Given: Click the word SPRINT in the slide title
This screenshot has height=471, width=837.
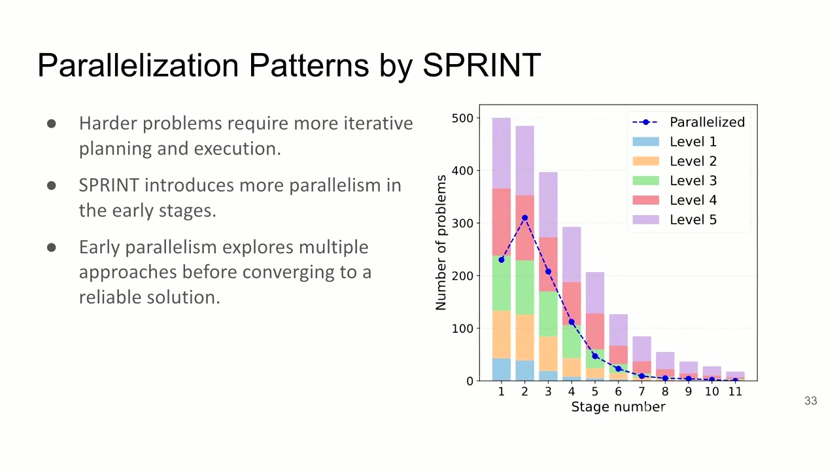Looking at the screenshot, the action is click(x=482, y=65).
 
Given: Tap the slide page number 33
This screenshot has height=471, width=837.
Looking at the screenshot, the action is click(x=810, y=401).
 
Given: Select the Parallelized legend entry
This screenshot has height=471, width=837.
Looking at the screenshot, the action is click(x=689, y=122).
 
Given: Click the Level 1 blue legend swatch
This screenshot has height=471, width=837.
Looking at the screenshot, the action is click(x=645, y=141).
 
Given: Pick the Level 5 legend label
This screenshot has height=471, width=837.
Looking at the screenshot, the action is click(x=693, y=219).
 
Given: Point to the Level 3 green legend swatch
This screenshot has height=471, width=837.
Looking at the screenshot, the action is click(x=645, y=180).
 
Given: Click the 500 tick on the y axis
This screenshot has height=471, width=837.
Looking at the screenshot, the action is click(x=462, y=118).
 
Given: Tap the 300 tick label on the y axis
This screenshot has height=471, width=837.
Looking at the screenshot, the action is click(x=462, y=223).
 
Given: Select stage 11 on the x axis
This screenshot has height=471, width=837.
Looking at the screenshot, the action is click(x=735, y=391).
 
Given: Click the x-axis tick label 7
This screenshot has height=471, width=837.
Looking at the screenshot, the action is click(x=641, y=391).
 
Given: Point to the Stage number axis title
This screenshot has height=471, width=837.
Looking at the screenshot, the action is click(x=619, y=407).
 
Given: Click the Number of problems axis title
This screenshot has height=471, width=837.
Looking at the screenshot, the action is click(x=441, y=243).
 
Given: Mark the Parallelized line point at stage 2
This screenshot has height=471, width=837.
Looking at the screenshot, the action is click(x=524, y=218).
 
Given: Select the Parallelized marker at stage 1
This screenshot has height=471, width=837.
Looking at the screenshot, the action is click(x=502, y=260).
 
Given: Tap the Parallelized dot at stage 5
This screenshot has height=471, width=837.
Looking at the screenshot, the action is click(x=595, y=356).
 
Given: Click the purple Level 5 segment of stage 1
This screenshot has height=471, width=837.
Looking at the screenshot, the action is click(x=502, y=153).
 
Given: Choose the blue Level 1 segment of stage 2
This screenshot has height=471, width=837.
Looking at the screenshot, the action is click(x=524, y=370).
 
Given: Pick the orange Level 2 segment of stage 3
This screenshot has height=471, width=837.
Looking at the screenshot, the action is click(x=548, y=354).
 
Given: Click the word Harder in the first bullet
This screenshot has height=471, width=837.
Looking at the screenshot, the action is click(x=107, y=123).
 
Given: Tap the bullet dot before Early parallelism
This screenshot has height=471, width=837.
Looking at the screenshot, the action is click(x=52, y=247).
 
